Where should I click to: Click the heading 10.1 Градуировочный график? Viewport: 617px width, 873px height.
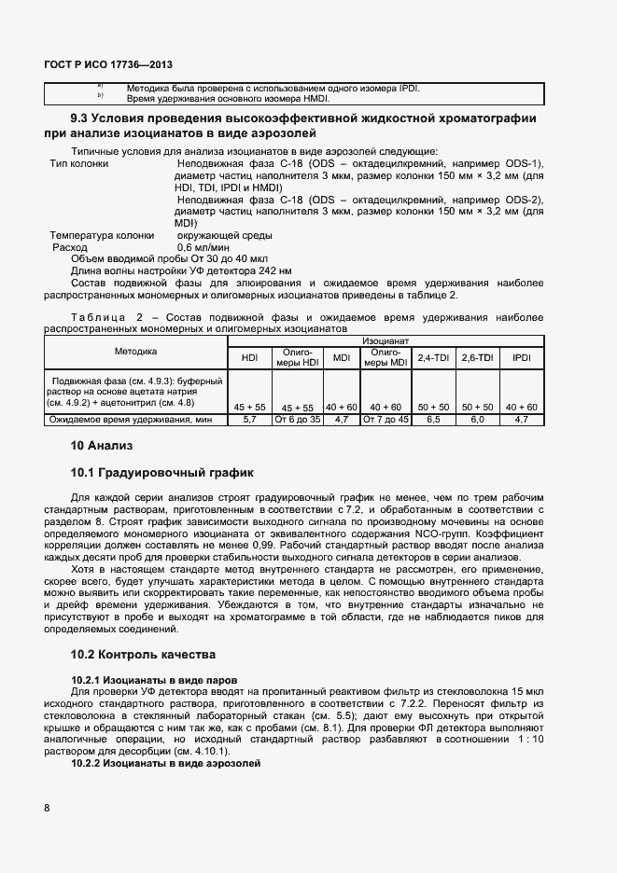tap(161, 473)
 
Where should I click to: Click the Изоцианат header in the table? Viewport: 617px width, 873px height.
tap(386, 342)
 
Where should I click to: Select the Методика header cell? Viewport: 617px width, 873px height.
tap(136, 352)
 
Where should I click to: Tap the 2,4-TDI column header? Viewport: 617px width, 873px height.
tap(433, 357)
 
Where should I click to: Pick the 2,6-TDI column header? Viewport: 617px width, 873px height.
tap(478, 357)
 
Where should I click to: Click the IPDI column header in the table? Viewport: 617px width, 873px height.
tap(521, 357)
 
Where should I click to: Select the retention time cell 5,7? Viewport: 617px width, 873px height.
tap(249, 420)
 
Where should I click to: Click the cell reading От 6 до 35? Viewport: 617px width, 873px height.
tap(297, 420)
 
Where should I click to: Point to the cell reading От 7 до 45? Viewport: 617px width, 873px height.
tap(386, 420)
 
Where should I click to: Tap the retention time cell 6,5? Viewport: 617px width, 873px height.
tap(433, 420)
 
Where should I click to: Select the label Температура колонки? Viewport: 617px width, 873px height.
tap(94, 235)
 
